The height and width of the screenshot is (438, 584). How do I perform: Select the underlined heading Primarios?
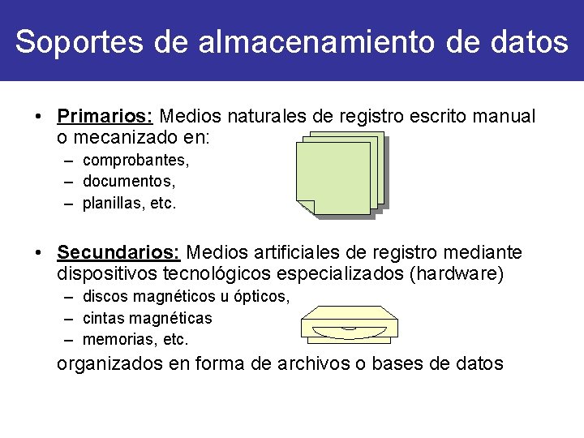coord(107,116)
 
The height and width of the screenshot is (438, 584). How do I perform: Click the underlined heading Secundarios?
coord(119,254)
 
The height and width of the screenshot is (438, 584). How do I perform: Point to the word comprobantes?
coord(134,161)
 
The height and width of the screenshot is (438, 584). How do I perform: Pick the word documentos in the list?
coord(128,182)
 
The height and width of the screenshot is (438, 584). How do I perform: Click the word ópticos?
coord(260,297)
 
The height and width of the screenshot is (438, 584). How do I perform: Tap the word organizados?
coord(110,363)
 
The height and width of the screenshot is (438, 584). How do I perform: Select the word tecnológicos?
coord(221,274)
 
